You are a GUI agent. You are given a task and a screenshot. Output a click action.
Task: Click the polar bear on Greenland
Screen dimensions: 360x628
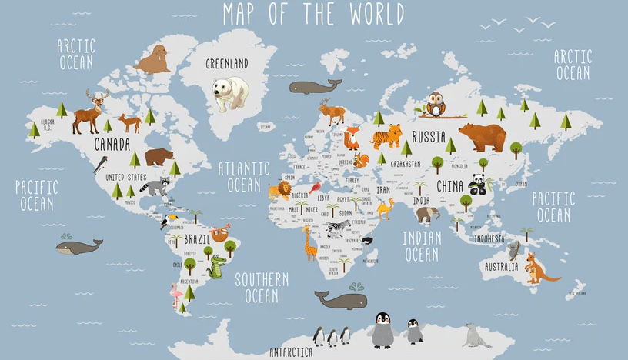click(231, 93)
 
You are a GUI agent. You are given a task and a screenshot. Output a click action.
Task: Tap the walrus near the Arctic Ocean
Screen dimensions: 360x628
click(153, 60)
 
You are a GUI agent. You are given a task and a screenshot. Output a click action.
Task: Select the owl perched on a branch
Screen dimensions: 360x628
click(436, 105)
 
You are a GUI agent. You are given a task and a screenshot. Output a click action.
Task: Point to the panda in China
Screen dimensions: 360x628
click(478, 184)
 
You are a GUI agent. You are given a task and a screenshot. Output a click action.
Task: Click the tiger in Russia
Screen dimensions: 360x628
click(387, 136)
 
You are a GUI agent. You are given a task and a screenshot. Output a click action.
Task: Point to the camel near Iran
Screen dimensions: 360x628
click(385, 208)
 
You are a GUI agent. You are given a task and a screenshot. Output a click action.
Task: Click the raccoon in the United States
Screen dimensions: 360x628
click(158, 186)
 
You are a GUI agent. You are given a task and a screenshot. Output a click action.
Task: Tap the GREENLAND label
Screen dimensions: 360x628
click(227, 64)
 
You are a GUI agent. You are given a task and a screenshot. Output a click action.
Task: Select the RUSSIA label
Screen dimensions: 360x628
click(429, 137)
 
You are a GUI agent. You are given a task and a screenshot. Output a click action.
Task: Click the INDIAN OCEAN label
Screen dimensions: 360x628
click(422, 246)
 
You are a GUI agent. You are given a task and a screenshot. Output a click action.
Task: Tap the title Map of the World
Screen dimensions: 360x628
click(313, 14)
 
